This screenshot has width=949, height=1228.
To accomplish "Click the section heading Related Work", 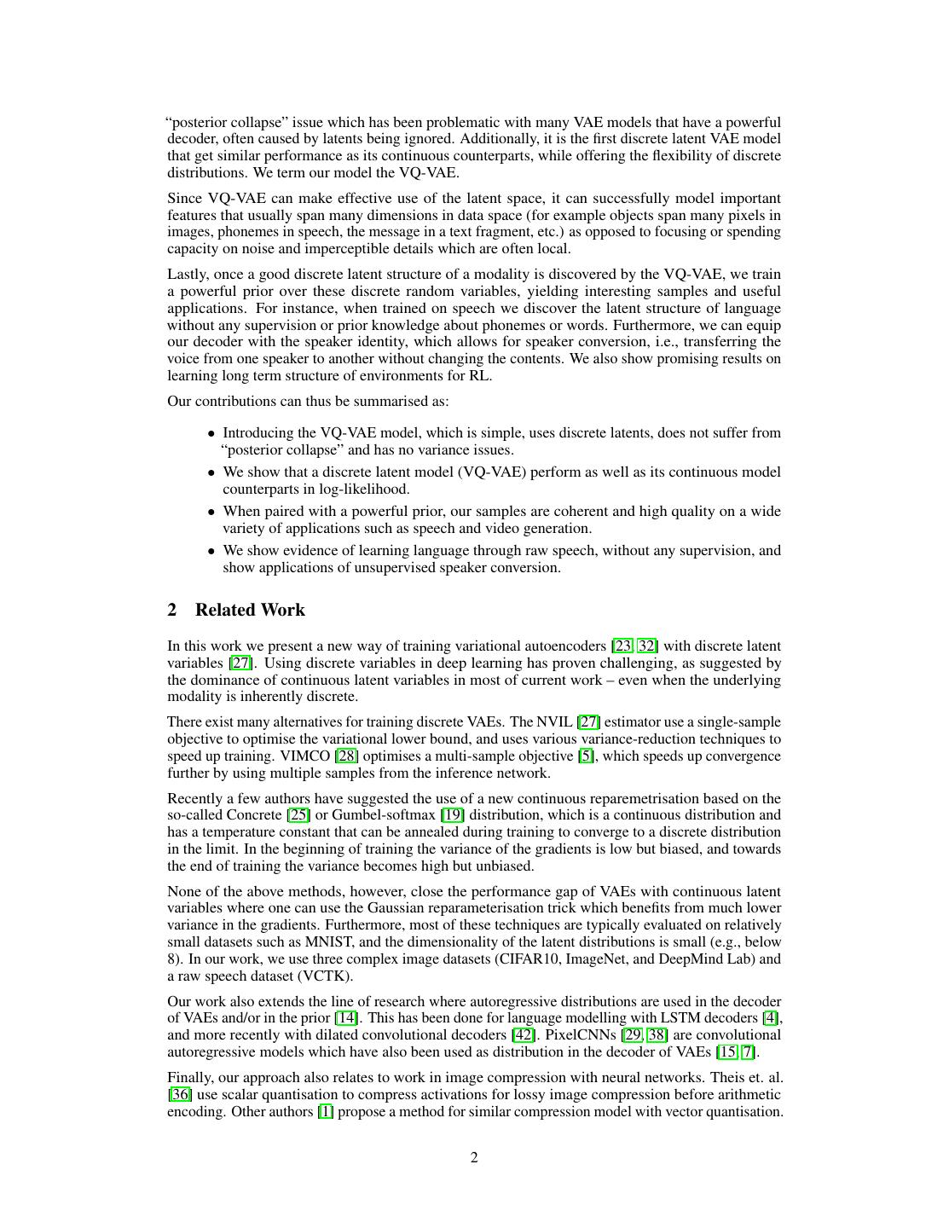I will (x=250, y=610).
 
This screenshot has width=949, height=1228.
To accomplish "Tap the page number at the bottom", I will (x=474, y=1157).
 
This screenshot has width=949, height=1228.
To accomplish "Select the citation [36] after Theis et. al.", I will (x=180, y=1095).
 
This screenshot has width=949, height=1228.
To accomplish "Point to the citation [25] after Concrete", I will (x=299, y=815).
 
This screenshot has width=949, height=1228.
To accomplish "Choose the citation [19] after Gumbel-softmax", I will (x=452, y=815).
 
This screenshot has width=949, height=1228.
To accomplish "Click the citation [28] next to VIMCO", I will (x=346, y=756).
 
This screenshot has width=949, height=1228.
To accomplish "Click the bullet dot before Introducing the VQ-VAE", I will (x=211, y=433).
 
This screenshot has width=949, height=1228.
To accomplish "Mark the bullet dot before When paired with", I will (x=211, y=512).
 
